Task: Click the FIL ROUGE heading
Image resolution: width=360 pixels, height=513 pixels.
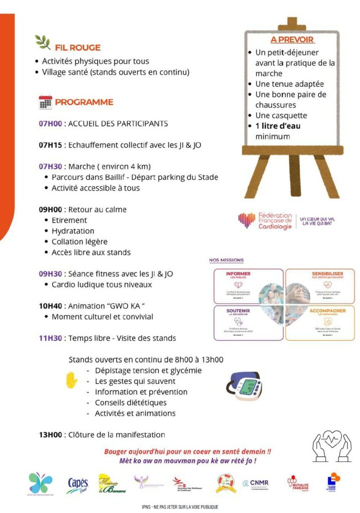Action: [78, 48]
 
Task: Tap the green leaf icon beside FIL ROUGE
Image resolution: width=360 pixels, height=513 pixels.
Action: [43, 43]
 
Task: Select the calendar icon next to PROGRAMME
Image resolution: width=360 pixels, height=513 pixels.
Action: [46, 102]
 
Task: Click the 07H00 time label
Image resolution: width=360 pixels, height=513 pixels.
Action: [50, 123]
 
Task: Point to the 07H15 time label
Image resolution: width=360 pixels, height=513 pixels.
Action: [50, 145]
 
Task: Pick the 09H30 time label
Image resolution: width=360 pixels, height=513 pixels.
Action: [50, 274]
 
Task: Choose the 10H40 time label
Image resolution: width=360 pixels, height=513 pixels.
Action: [50, 306]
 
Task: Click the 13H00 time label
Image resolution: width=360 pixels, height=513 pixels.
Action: [50, 435]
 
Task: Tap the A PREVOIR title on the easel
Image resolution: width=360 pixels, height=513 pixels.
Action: [292, 40]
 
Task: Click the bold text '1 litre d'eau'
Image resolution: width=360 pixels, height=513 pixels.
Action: [278, 126]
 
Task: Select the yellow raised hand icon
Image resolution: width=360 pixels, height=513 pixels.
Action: [72, 380]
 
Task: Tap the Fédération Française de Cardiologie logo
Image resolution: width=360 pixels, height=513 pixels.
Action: [265, 220]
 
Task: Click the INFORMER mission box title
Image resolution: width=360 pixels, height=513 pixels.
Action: [238, 274]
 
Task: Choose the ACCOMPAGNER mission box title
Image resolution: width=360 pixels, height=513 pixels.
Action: [327, 311]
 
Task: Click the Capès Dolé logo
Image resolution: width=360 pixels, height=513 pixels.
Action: [78, 483]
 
